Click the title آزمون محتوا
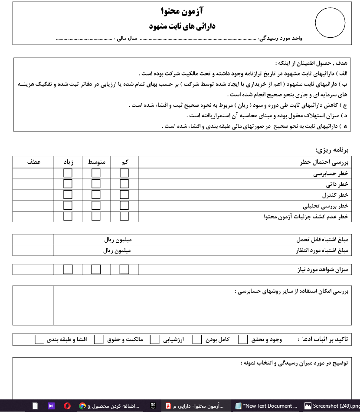(x=182, y=11)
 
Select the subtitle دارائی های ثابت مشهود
(x=182, y=26)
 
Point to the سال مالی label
(x=127, y=39)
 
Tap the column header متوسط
(x=97, y=162)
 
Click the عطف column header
(x=33, y=162)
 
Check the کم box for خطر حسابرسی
(x=124, y=173)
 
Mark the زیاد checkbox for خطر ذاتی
(x=68, y=184)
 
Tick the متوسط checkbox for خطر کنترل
(x=96, y=194)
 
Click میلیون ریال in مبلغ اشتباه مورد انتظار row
(x=117, y=250)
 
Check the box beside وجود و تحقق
(x=243, y=339)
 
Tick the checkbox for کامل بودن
(x=197, y=339)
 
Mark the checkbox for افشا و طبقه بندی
(x=39, y=339)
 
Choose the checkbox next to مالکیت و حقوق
(x=99, y=339)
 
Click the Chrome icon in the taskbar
(x=82, y=406)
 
